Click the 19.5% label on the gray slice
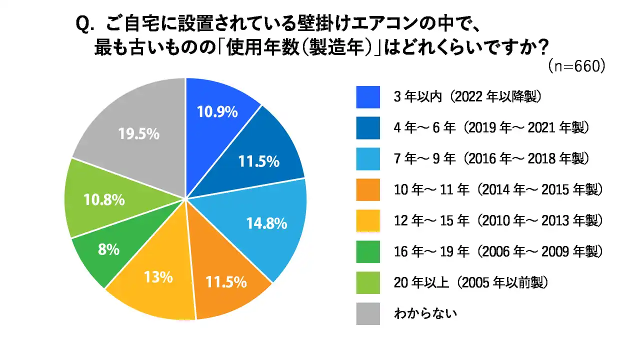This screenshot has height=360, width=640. (x=139, y=134)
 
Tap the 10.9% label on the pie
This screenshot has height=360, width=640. (x=216, y=112)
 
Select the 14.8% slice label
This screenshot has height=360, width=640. (x=266, y=223)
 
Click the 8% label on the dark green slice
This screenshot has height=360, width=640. (x=109, y=249)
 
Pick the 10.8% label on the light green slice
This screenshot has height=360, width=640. (x=104, y=200)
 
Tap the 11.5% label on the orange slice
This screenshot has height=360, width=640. (x=226, y=282)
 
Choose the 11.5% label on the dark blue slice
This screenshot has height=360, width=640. (x=258, y=161)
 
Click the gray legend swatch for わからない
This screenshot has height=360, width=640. (x=368, y=314)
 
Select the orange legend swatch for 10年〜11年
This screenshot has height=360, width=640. (x=368, y=190)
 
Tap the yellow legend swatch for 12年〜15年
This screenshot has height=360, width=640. (x=368, y=221)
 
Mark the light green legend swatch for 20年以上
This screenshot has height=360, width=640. (x=368, y=283)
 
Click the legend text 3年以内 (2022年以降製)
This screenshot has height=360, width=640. (x=467, y=97)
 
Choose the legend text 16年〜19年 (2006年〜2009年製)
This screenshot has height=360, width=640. (x=497, y=252)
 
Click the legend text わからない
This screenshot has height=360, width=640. (x=426, y=314)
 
